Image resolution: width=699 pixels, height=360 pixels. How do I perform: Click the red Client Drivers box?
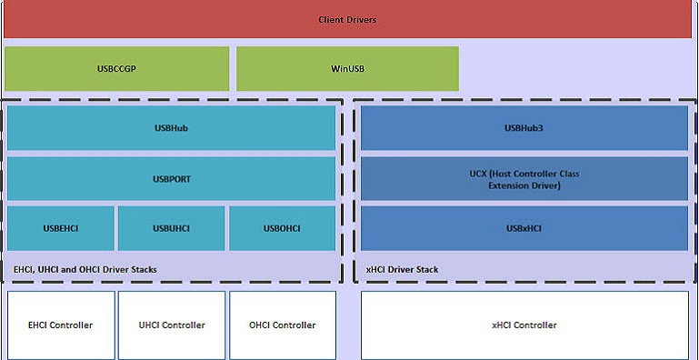(x=348, y=19)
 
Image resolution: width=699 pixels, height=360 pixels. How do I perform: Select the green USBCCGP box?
(x=116, y=68)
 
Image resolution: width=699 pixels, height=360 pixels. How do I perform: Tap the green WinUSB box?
(x=347, y=68)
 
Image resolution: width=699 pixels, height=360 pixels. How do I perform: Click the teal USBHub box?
(x=171, y=128)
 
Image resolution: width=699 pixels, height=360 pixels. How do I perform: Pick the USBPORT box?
(x=171, y=179)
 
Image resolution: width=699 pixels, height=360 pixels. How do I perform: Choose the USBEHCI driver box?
(x=61, y=228)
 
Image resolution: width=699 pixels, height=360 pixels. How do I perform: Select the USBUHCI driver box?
(x=171, y=228)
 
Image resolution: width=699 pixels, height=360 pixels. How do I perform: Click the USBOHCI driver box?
(x=282, y=228)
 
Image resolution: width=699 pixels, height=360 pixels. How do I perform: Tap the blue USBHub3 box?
(x=524, y=128)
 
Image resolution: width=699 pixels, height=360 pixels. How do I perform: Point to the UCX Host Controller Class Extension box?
(x=524, y=179)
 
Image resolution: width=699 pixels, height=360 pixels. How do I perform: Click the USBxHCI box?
(x=524, y=228)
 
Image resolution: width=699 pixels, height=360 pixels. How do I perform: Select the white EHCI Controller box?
(x=61, y=325)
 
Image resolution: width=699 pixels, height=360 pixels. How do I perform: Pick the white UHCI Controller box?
(x=171, y=325)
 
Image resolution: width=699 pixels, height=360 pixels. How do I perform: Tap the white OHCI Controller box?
(x=282, y=325)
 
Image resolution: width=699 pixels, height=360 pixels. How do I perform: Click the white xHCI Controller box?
(x=524, y=325)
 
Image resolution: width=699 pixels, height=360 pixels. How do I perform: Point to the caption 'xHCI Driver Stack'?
(x=402, y=269)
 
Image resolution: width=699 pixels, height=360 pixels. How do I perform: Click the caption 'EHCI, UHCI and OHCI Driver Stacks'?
(x=85, y=269)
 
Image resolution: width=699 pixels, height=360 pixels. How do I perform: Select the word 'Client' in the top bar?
(x=331, y=20)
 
